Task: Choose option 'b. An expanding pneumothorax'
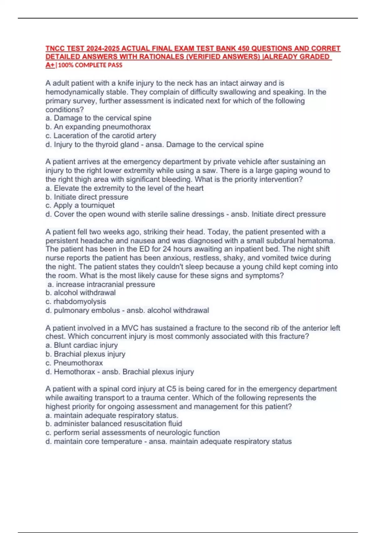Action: [x=98, y=127]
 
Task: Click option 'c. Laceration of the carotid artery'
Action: [x=101, y=136]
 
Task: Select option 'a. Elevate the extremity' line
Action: [x=124, y=188]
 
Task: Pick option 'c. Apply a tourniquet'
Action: [x=80, y=205]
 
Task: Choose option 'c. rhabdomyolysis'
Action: [x=76, y=302]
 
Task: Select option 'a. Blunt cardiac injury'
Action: [x=81, y=345]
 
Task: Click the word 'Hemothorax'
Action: [x=75, y=372]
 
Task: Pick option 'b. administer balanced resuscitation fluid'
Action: [x=114, y=424]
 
